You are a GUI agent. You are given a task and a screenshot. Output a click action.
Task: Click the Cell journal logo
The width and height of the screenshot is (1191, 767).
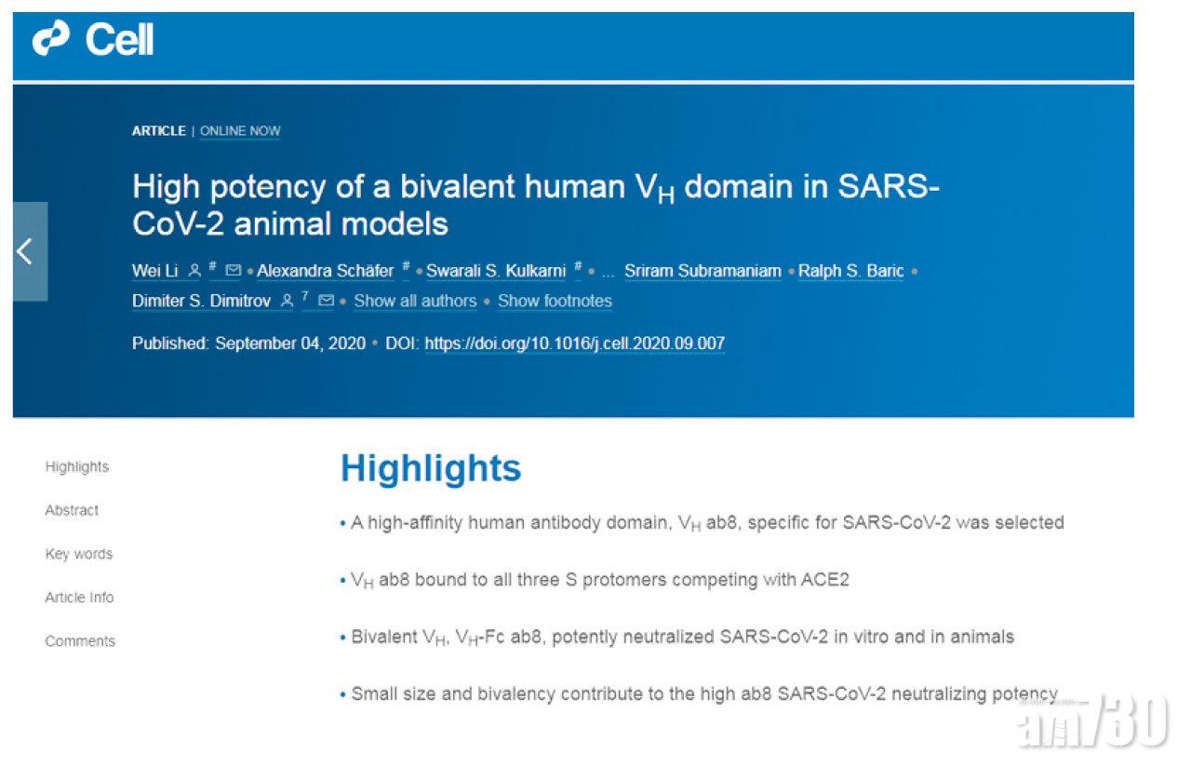[x=93, y=39]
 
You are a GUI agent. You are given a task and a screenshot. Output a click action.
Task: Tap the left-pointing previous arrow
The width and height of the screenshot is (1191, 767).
[x=24, y=251]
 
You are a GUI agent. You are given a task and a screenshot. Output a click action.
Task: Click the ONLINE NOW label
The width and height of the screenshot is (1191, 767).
[x=240, y=131]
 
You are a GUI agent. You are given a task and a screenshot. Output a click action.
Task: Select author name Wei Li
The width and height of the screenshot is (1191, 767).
[x=154, y=271]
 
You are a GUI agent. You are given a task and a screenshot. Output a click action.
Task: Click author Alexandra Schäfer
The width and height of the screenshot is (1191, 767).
[x=326, y=271]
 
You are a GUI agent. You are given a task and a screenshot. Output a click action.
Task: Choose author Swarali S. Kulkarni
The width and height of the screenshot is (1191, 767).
[x=496, y=271]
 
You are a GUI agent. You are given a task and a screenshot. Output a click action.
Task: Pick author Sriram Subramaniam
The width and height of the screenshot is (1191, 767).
[x=703, y=271]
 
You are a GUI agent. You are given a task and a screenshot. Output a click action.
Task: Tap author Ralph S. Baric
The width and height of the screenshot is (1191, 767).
[x=850, y=271]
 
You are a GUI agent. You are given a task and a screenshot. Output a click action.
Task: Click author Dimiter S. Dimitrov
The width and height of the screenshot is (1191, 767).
[x=202, y=301]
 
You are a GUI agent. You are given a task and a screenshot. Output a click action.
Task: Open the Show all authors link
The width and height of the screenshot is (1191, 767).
[x=415, y=301]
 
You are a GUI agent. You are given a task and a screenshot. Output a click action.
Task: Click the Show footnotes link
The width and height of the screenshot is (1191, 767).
[x=555, y=301]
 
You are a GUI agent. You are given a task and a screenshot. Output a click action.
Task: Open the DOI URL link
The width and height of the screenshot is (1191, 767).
[x=575, y=343]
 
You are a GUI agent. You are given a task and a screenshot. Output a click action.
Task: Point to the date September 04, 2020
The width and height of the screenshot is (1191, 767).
[x=290, y=343]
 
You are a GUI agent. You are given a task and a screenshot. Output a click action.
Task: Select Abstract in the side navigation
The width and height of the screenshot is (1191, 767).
[x=72, y=510]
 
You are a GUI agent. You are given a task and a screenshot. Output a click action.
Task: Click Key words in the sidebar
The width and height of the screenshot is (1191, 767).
[x=79, y=554]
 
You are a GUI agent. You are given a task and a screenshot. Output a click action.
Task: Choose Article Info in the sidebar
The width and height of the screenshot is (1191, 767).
[x=79, y=598]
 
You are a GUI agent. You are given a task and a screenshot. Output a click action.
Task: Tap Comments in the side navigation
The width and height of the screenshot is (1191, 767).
[x=80, y=641]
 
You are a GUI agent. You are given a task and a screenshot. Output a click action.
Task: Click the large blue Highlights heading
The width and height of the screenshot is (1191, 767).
[x=431, y=468]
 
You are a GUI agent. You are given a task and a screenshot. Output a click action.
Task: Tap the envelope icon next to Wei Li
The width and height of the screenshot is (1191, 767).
[x=233, y=270]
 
